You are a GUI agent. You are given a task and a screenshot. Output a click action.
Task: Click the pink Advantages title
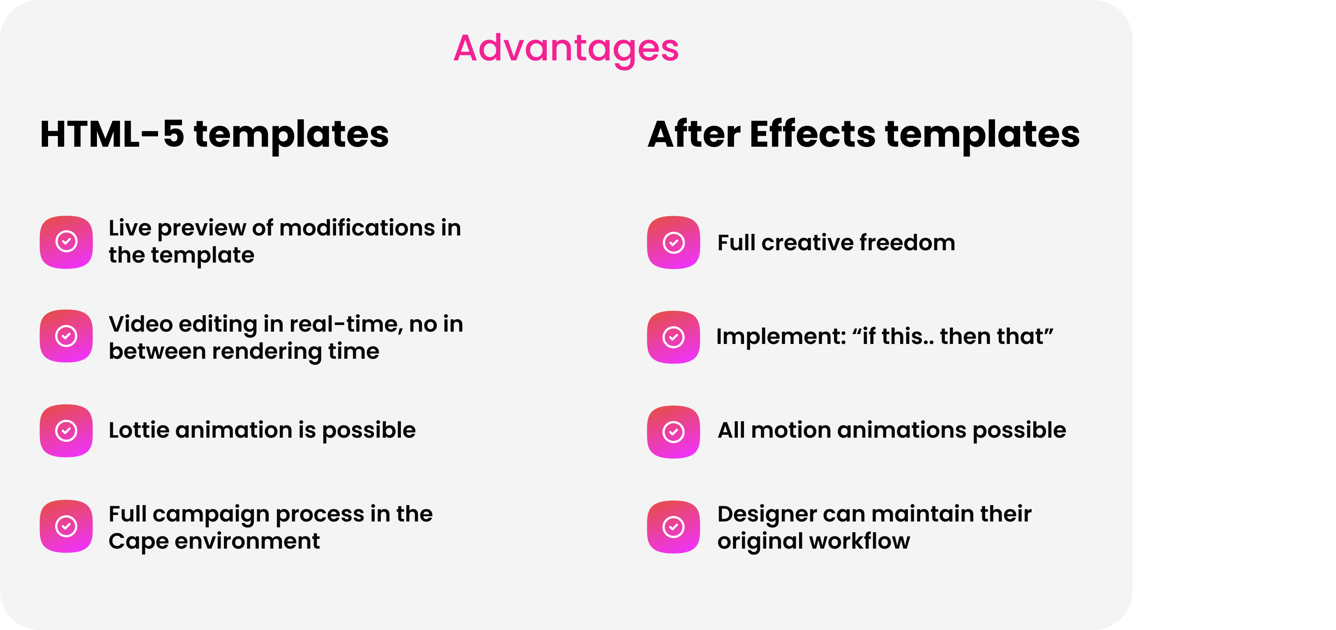566,48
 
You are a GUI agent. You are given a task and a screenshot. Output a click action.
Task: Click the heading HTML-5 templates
214,134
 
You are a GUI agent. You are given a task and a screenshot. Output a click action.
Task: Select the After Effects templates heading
864,134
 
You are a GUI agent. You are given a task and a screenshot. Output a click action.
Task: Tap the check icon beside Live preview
67,242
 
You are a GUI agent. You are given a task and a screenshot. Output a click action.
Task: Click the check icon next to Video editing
67,336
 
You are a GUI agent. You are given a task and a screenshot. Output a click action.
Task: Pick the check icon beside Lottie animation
67,431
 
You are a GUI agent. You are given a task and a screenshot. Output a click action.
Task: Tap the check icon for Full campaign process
67,526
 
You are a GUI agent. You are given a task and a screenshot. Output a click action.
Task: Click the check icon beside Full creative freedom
674,242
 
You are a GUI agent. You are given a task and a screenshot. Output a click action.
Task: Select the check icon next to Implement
674,337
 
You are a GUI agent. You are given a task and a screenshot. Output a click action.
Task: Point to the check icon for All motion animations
674,432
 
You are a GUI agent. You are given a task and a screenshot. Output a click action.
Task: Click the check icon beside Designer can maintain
674,527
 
